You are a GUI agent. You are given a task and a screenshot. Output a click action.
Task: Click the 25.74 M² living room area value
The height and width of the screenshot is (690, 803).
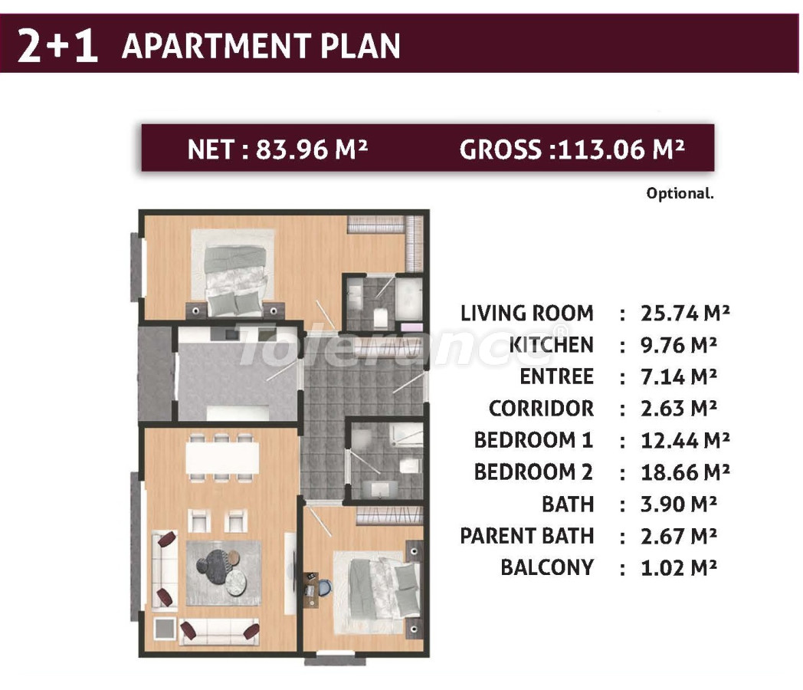click(x=684, y=314)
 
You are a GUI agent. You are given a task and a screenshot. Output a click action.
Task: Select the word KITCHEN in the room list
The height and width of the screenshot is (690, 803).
click(x=551, y=345)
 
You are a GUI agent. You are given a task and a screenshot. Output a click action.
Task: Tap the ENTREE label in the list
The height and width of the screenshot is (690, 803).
click(x=556, y=377)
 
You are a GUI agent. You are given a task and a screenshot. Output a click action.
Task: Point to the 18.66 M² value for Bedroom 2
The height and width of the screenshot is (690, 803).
click(x=684, y=472)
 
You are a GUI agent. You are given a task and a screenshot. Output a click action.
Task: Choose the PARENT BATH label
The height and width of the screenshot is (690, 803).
click(x=526, y=536)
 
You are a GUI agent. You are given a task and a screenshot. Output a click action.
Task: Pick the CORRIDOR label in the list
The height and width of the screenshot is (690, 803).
click(x=541, y=409)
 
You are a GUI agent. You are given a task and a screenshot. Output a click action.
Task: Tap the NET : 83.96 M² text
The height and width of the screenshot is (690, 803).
click(x=278, y=149)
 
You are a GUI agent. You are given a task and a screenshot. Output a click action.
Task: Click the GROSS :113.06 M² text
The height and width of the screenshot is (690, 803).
click(x=572, y=149)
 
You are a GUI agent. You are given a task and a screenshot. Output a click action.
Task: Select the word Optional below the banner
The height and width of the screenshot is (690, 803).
click(x=679, y=193)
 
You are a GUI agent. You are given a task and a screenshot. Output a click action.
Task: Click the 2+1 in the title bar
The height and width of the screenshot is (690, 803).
click(x=57, y=46)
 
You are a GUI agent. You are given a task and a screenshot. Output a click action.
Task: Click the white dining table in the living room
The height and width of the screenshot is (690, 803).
click(x=219, y=458)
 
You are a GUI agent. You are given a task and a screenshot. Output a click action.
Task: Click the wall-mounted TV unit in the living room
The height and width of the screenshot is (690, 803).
click(x=290, y=572)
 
